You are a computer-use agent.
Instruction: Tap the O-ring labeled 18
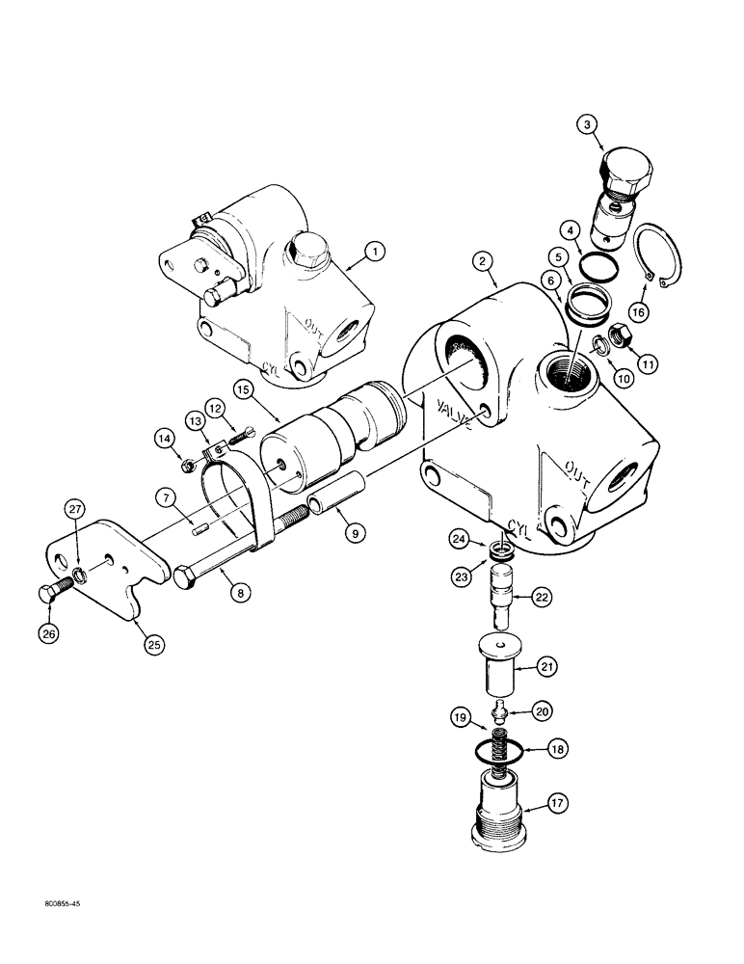tap(501, 748)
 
